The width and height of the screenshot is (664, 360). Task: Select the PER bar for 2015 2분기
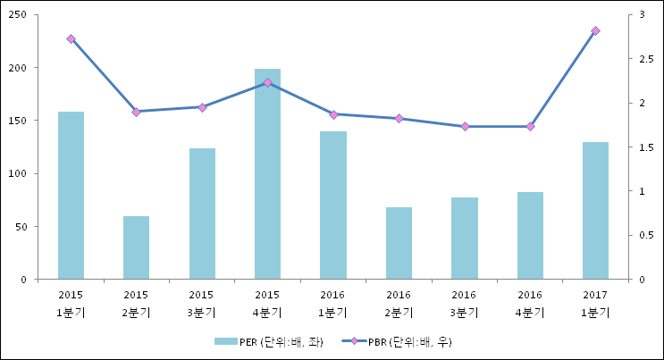(x=136, y=247)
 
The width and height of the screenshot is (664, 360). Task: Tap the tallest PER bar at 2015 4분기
(x=267, y=173)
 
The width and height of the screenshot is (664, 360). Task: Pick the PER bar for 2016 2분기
(x=399, y=243)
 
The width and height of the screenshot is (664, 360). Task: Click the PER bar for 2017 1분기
(x=595, y=210)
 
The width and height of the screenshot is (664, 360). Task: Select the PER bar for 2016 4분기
(x=530, y=235)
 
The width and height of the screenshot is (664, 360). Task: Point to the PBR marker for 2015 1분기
(x=71, y=39)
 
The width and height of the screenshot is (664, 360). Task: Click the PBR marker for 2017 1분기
(x=595, y=31)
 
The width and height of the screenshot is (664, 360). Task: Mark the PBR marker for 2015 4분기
(x=267, y=82)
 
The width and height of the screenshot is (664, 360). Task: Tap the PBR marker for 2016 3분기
(x=464, y=127)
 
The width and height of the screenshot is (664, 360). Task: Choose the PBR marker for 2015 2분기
(x=136, y=112)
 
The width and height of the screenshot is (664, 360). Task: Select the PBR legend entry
(x=402, y=341)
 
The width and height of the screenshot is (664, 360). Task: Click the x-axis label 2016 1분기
(x=332, y=303)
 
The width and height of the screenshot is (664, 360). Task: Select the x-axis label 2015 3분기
(x=201, y=303)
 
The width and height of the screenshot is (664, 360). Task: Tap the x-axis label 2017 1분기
(x=595, y=303)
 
